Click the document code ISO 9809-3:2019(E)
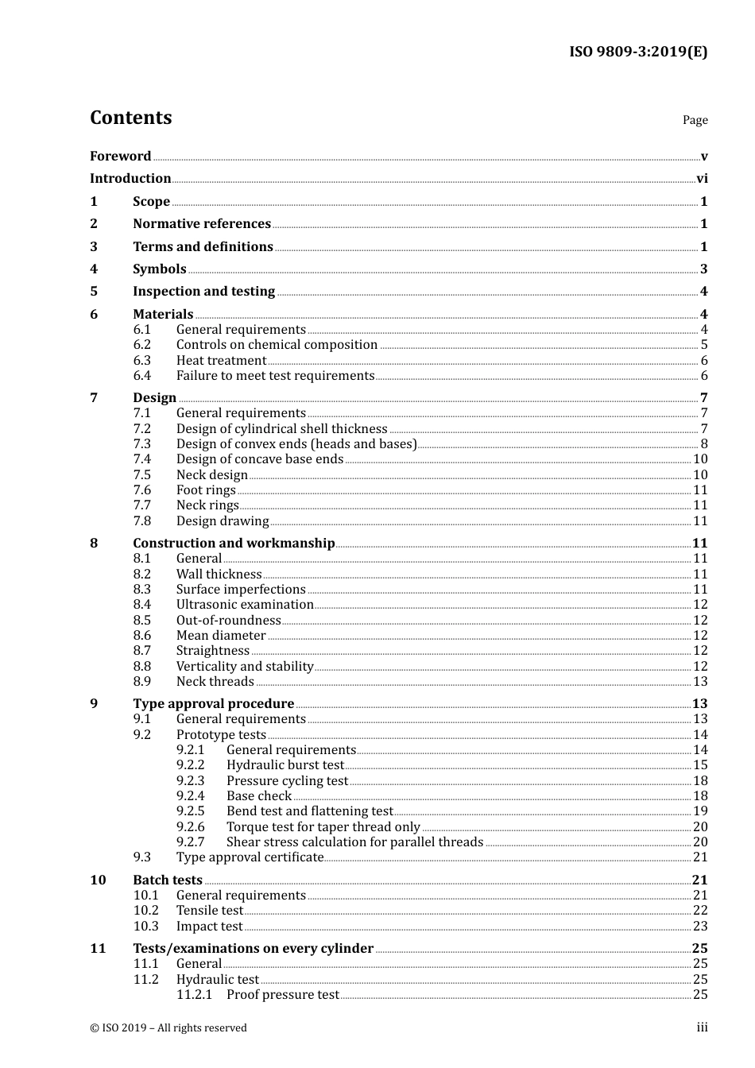coord(637,52)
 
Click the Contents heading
coord(130,118)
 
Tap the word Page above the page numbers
coord(695,120)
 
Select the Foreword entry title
coord(120,156)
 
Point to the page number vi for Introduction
coord(702,179)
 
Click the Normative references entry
coord(202,224)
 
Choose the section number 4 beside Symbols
coord(94,269)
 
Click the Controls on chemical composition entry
coord(277,345)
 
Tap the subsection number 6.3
coord(142,361)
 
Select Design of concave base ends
coord(260,459)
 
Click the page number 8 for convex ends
coord(703,444)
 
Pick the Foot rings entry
coord(206,490)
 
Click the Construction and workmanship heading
coord(234,544)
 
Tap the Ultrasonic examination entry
coord(245,605)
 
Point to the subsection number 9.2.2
coord(191,765)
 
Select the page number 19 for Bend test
coord(700,811)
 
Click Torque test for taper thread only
coord(323,827)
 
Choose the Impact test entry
coord(209,927)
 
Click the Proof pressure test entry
coord(282,995)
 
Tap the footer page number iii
coord(702,1027)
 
